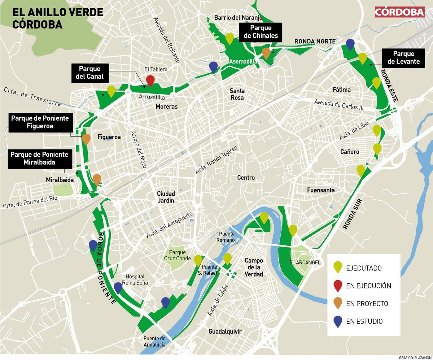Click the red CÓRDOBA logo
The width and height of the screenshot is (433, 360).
pos(400,12)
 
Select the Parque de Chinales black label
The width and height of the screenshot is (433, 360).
pos(261,32)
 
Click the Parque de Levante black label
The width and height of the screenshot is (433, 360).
pos(403,58)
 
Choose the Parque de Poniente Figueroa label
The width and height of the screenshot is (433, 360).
pos(40,122)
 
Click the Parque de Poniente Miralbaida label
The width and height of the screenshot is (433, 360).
pos(39,158)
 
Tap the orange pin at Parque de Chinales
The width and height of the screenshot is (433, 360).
pos(266,53)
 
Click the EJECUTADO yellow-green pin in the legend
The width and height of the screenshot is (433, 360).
pos(338,268)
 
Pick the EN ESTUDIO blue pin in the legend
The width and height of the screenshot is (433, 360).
pos(338,321)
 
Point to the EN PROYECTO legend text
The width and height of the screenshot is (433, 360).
pos(367,304)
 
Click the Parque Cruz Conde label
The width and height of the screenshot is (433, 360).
pos(177,255)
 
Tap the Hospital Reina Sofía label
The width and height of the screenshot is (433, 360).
pos(135,279)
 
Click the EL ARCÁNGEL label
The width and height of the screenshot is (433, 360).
pos(305,263)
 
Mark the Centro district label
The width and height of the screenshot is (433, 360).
pos(246,178)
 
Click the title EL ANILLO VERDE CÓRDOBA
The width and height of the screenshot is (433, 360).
pos(58,18)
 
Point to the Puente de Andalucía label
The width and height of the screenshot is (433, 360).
pos(154,341)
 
